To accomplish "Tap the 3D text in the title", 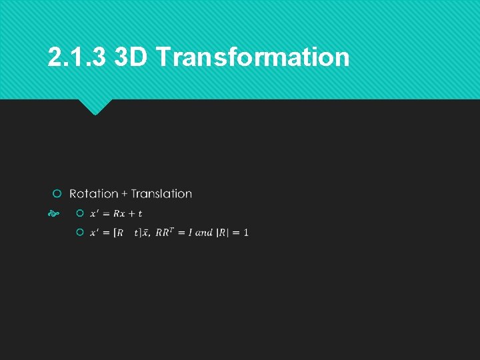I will point(131,57).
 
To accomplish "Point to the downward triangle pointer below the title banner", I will point(95,107).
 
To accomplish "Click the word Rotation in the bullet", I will point(94,194).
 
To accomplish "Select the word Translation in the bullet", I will point(161,194).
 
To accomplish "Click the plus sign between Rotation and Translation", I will point(124,194).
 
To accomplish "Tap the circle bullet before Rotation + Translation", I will point(57,193).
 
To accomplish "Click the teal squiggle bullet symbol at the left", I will point(54,214).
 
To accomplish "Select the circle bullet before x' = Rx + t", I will point(79,213).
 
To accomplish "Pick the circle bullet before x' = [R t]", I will point(79,232).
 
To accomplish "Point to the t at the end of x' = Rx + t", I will point(140,213).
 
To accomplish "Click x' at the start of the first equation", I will point(94,213).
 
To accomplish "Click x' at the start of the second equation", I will point(94,233).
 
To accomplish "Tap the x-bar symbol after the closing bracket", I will point(145,233).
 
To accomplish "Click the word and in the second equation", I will point(204,233).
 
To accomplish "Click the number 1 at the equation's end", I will point(246,233).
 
